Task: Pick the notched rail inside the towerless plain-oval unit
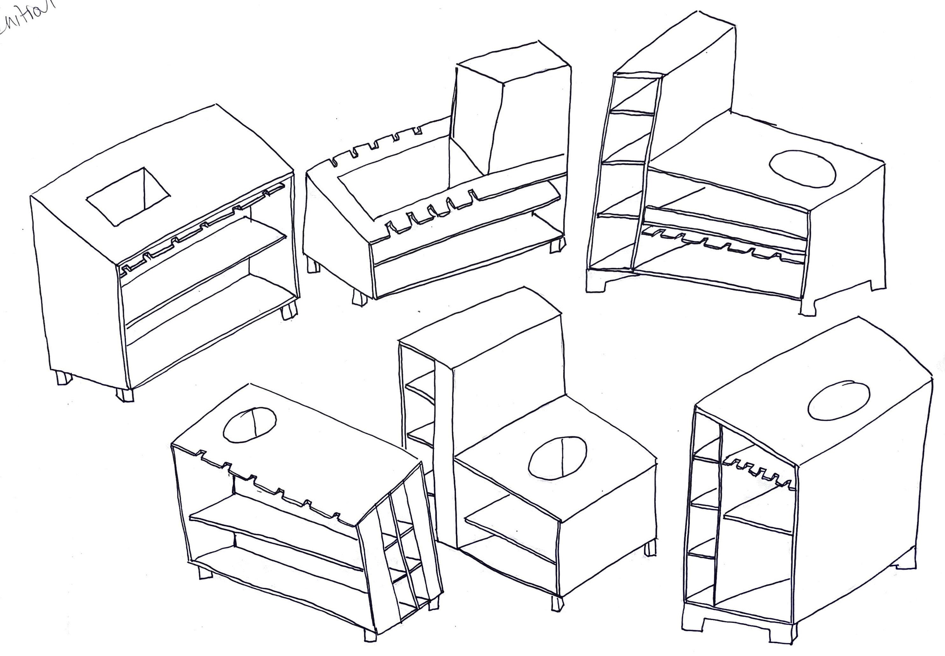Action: coord(756,473)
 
